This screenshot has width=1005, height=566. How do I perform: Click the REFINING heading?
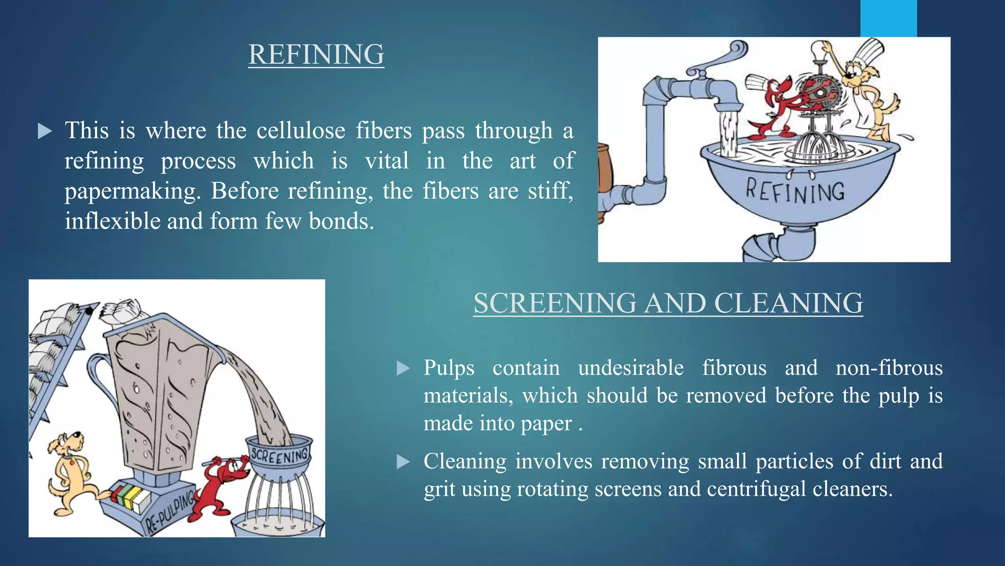click(316, 55)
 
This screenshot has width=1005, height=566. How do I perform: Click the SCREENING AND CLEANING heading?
click(668, 303)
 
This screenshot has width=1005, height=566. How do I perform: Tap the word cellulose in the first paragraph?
click(301, 131)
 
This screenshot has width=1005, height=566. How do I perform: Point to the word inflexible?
click(112, 222)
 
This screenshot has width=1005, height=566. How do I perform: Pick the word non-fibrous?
click(889, 368)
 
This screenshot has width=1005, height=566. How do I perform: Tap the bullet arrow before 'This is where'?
click(45, 131)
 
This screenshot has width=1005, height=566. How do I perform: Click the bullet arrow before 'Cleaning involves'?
click(403, 462)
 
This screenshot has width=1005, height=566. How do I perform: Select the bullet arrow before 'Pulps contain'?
click(403, 368)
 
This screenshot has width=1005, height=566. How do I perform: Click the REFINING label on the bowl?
click(795, 192)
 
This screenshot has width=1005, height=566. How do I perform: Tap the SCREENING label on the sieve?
click(280, 456)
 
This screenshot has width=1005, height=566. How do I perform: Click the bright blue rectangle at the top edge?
click(888, 18)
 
